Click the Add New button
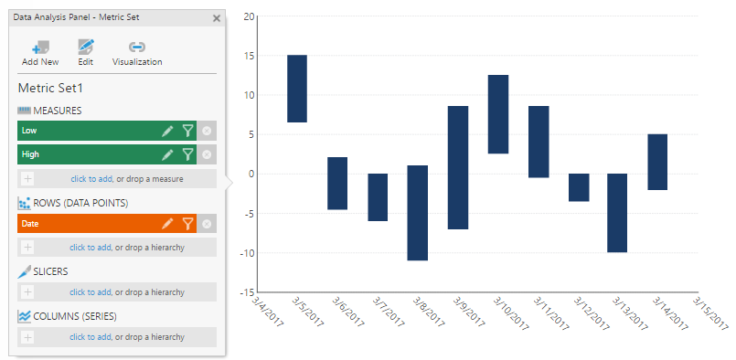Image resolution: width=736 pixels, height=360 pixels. pos(40,53)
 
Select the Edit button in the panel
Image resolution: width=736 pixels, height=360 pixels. pos(85,53)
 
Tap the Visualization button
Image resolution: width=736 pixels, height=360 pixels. pos(137,53)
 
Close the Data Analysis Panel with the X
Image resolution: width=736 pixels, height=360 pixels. pos(217,17)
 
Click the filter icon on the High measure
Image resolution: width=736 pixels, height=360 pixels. pos(187,154)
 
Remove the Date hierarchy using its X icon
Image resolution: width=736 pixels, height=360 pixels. pos(208,223)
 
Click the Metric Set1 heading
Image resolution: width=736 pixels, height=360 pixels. pos(50,89)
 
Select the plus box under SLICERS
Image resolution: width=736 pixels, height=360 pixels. pos(27,291)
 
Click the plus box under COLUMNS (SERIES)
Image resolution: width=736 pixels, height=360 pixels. pos(27,337)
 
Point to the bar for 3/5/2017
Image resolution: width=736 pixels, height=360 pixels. pos(297,89)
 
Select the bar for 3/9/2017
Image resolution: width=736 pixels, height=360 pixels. pos(458,167)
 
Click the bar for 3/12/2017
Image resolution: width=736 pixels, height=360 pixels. pos(579,187)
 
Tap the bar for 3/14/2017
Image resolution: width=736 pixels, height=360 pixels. pos(658,162)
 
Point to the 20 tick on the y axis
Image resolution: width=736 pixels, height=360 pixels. pos(250,16)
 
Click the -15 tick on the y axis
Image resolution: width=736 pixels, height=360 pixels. pos(248,292)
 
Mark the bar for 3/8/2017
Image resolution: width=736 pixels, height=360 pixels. pos(418,212)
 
